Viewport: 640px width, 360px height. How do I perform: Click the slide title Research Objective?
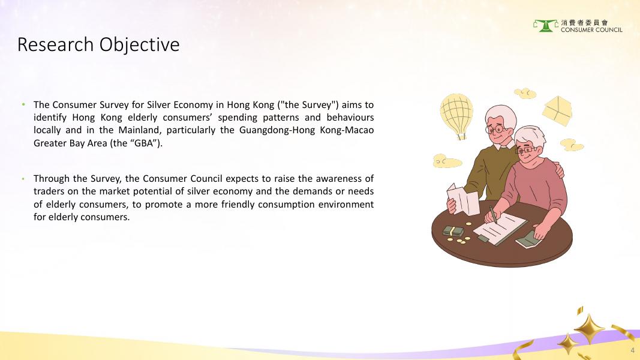[x=98, y=44]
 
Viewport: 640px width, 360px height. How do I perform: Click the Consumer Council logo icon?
[x=546, y=26]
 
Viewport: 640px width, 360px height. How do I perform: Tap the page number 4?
[x=633, y=350]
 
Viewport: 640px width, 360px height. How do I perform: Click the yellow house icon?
[x=557, y=110]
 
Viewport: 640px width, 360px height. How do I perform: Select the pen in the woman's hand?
[x=493, y=214]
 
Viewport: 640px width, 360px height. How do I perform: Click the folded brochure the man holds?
[x=463, y=199]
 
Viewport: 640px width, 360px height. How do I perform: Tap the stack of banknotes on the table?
[x=453, y=232]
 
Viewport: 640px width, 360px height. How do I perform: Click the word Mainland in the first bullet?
[x=140, y=130]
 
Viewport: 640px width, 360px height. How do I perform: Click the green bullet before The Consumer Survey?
[x=23, y=104]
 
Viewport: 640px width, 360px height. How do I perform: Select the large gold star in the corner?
[x=589, y=329]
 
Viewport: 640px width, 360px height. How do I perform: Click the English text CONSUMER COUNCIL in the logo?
[x=591, y=30]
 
